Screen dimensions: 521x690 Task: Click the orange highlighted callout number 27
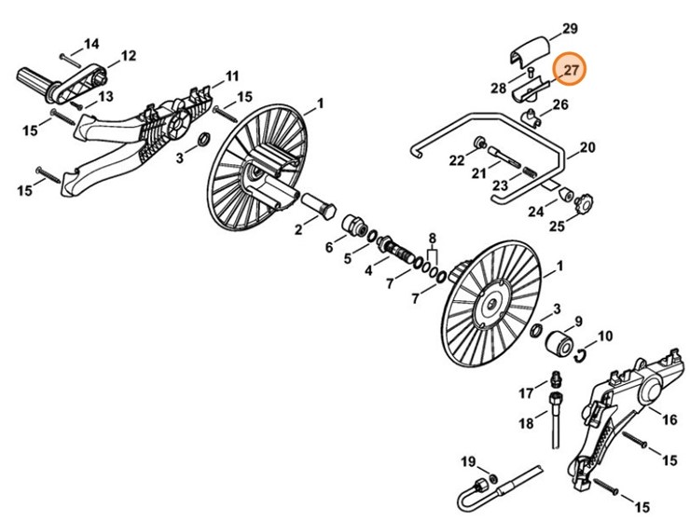click(571, 70)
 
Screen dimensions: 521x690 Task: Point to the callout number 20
click(586, 147)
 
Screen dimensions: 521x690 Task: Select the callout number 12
click(128, 56)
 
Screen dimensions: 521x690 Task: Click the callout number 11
click(232, 75)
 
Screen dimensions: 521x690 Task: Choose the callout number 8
click(432, 240)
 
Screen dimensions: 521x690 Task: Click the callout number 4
click(369, 270)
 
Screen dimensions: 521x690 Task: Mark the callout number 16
click(669, 420)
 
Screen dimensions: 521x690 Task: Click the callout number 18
click(527, 423)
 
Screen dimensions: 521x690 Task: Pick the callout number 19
click(467, 461)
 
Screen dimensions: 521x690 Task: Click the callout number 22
click(456, 161)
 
